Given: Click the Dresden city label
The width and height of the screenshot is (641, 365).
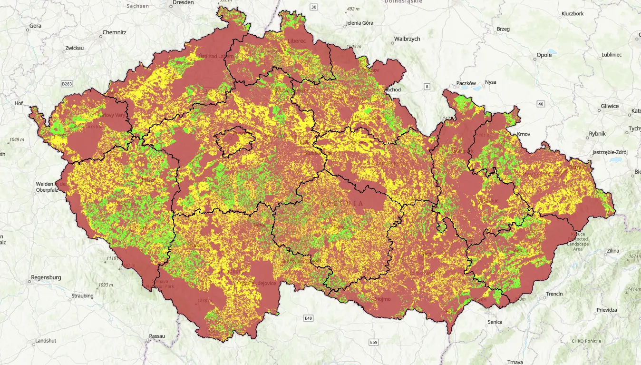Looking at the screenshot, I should point(184,3).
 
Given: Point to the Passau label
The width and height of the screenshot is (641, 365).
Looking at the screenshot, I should point(156,336).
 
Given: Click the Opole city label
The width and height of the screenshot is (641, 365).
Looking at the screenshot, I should point(544,55).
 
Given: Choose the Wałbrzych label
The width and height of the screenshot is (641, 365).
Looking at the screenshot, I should point(407,39).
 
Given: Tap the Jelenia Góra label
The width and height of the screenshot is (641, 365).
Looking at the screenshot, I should point(359,23).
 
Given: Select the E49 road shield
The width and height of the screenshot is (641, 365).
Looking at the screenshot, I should point(309,317).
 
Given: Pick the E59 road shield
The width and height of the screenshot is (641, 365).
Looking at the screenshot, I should point(374,342).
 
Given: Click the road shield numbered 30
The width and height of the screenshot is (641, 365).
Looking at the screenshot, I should point(313,7).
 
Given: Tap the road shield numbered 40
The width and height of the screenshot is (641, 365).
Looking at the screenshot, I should point(541,104).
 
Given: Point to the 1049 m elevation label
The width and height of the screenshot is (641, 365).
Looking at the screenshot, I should point(17,140).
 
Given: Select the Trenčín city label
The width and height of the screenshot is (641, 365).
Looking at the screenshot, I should point(554,294).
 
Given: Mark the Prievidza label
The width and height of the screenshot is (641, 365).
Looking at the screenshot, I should point(607,310).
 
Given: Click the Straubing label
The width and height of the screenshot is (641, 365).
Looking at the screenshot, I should point(82,296).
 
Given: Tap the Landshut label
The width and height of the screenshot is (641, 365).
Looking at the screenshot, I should point(46,341).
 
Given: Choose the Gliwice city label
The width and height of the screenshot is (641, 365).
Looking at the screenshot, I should point(610,106).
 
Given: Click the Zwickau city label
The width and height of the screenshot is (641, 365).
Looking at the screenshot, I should point(75,48).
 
